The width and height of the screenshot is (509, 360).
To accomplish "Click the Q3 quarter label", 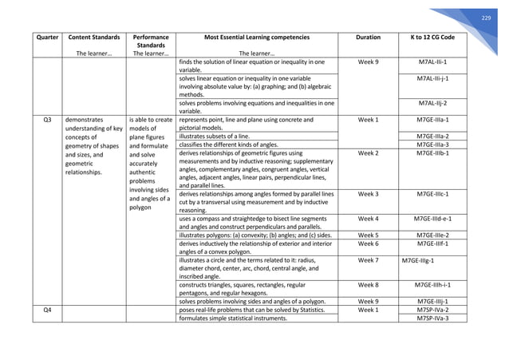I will tap(32, 120).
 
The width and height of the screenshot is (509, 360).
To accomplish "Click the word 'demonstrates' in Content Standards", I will tap(89, 120).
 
